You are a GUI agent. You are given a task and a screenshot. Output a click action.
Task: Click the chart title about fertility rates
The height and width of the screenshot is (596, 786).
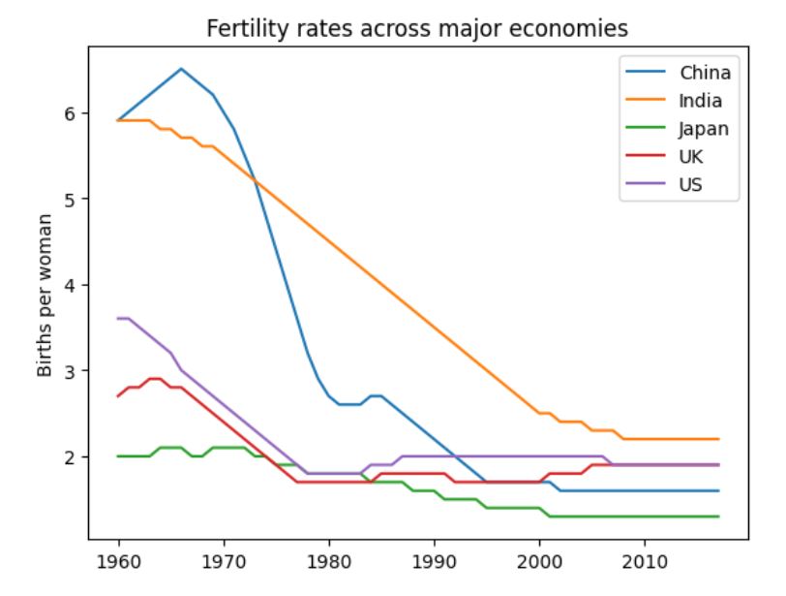(417, 29)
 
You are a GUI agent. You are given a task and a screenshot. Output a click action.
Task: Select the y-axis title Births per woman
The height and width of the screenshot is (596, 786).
(45, 295)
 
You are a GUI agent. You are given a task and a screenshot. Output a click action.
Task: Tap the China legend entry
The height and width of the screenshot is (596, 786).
(705, 72)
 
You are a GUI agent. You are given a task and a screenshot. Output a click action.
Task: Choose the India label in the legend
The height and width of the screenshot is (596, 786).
(701, 100)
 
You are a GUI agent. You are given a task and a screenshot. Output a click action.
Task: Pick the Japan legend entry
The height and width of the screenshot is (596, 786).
(704, 128)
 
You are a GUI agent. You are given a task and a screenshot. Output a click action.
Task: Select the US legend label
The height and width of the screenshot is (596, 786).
(691, 184)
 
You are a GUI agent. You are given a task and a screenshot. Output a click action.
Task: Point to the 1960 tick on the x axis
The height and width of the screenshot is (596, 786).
(118, 562)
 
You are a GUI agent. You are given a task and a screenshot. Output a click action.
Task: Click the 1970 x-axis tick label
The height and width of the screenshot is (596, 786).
(224, 562)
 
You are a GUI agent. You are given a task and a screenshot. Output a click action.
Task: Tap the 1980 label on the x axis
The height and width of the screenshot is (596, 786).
(328, 562)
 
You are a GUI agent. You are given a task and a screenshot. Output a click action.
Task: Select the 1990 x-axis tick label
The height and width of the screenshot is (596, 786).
(434, 562)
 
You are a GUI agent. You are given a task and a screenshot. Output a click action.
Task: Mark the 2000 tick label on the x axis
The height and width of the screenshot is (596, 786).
(539, 562)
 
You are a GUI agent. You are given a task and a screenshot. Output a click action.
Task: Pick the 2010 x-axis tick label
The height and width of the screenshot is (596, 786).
(644, 562)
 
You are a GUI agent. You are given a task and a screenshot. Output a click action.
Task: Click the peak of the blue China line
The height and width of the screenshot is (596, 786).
(181, 69)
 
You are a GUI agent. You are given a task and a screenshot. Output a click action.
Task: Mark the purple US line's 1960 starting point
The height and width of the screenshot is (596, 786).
(118, 319)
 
